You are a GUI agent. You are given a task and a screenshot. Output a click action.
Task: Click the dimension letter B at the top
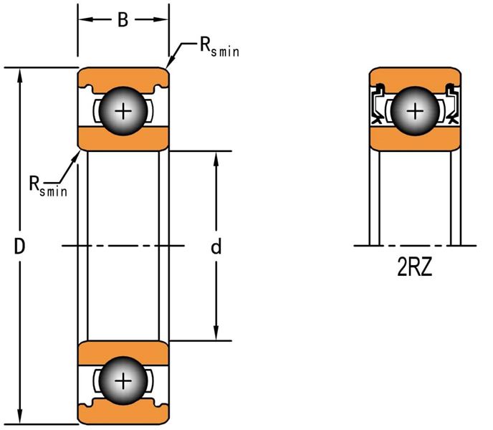point(123,20)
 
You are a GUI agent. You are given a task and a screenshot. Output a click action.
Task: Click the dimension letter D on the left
point(19,247)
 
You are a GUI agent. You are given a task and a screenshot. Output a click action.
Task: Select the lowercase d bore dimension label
point(216,247)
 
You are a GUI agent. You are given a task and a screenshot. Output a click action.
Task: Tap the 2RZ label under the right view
point(415,269)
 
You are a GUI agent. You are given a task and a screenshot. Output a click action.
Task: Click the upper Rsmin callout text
point(219,47)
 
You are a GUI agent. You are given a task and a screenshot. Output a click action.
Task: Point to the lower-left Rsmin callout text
point(48,186)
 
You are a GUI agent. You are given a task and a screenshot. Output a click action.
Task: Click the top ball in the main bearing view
point(123,111)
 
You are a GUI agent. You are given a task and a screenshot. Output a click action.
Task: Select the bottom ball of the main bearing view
point(123,381)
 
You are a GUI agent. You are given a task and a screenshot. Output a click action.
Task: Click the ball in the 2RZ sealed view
point(415,111)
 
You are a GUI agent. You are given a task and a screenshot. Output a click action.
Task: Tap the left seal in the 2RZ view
point(378,104)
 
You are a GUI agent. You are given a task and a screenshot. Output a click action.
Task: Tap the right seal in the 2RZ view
point(452,104)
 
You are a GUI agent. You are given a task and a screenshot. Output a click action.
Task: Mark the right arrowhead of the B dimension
point(161,19)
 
